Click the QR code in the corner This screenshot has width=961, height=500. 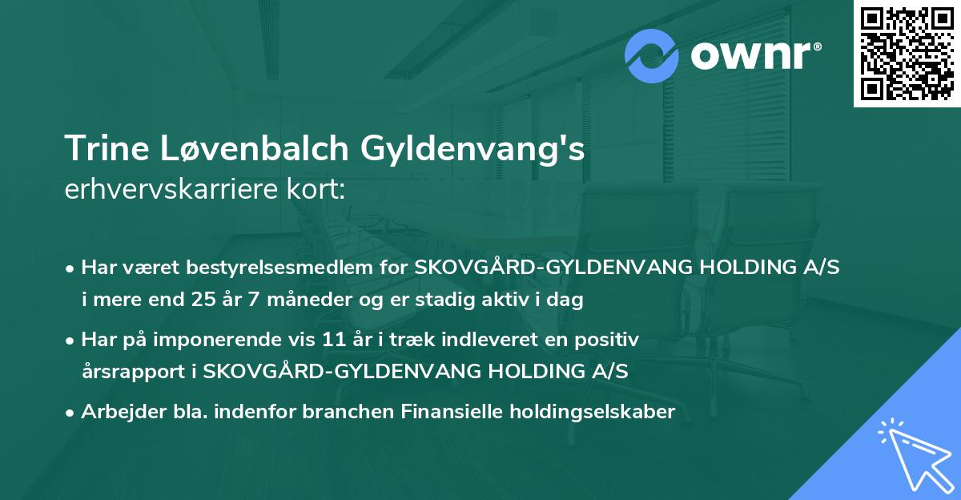click(907, 54)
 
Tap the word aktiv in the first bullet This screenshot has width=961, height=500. click(516, 301)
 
